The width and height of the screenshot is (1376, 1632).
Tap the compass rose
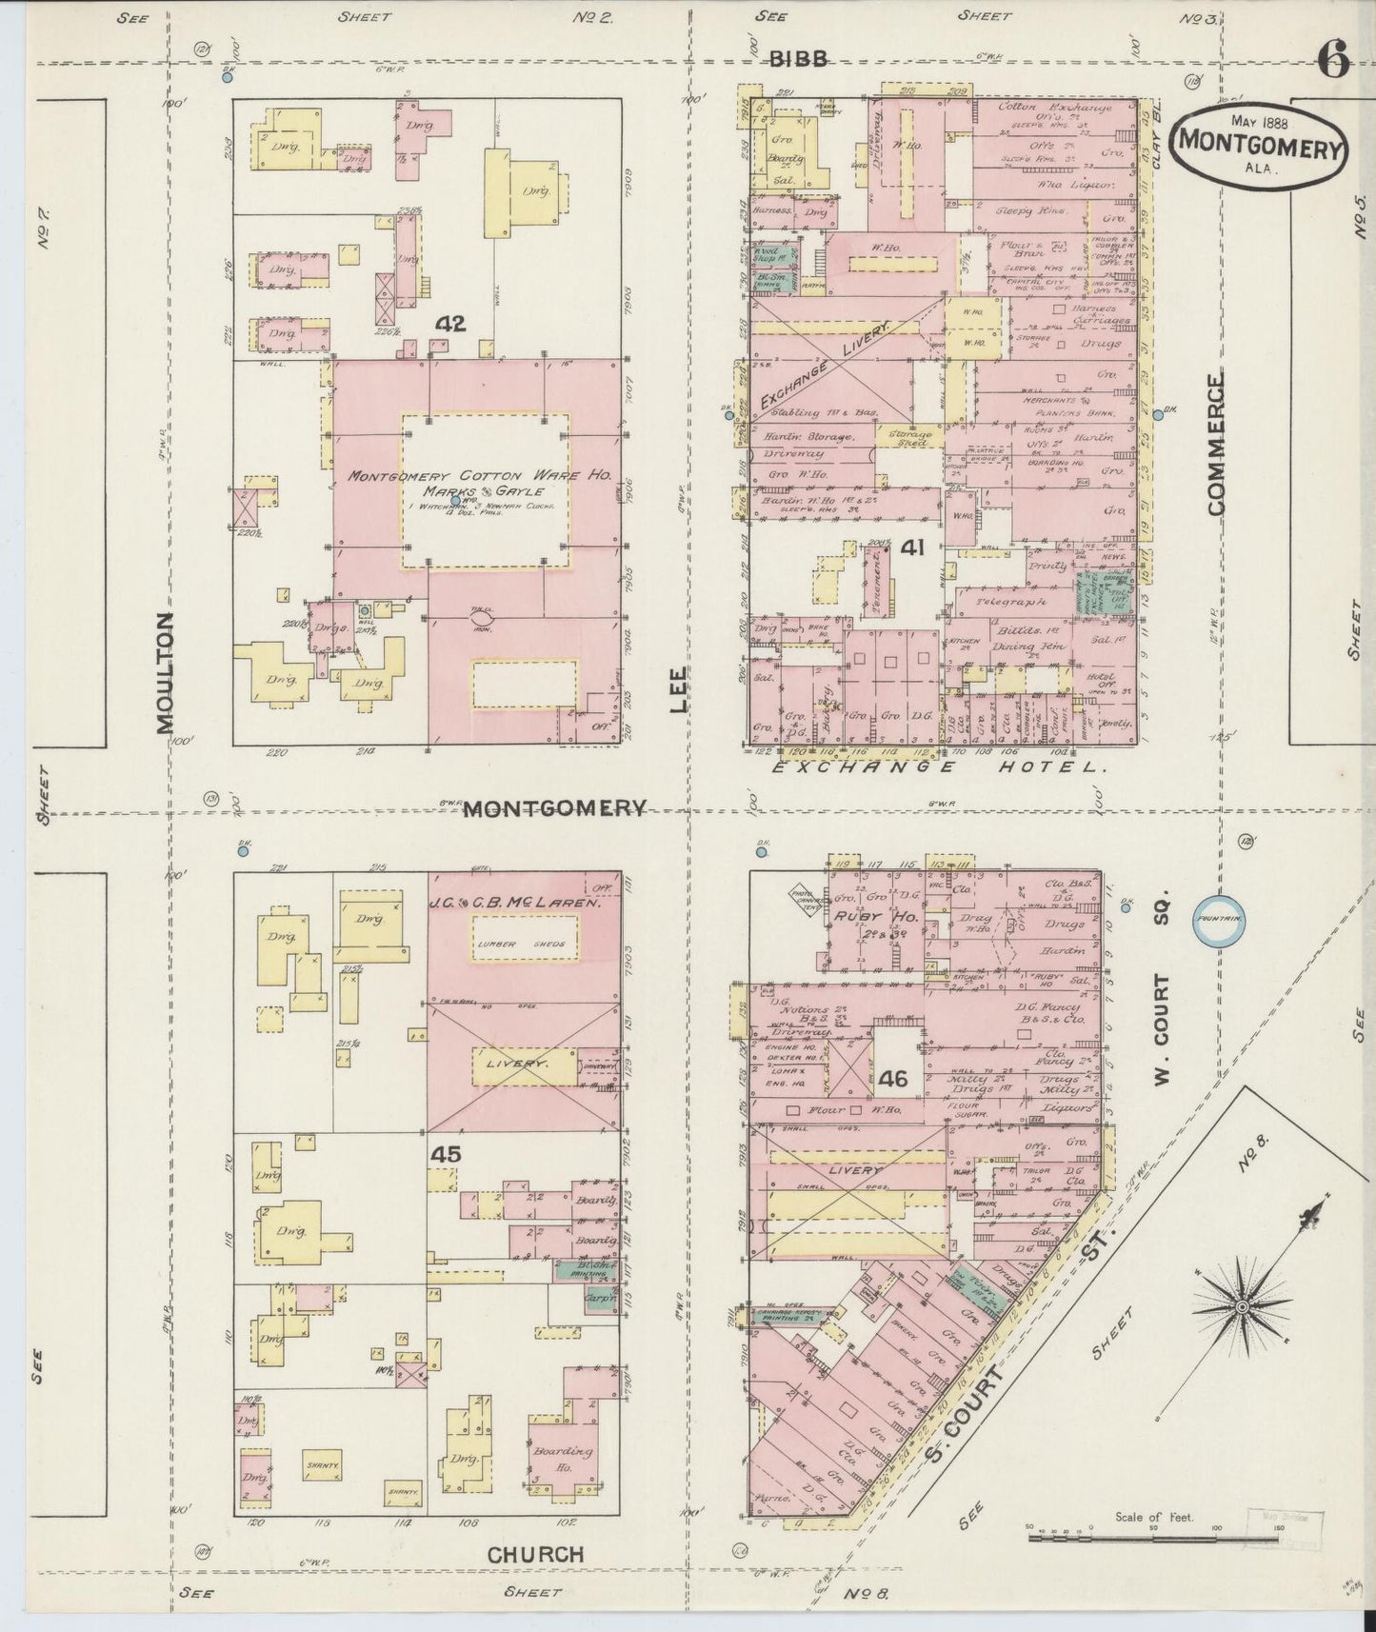tap(1242, 1307)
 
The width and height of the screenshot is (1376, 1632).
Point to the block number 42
tap(449, 324)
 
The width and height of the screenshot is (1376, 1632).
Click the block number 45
tap(446, 1153)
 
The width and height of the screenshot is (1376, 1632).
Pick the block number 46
tap(893, 1079)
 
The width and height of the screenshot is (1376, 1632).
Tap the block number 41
tap(913, 547)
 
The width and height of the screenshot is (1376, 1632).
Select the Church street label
tap(535, 1554)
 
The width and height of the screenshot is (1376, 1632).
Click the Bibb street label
tap(797, 59)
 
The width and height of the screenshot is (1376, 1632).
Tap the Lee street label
tap(678, 688)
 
